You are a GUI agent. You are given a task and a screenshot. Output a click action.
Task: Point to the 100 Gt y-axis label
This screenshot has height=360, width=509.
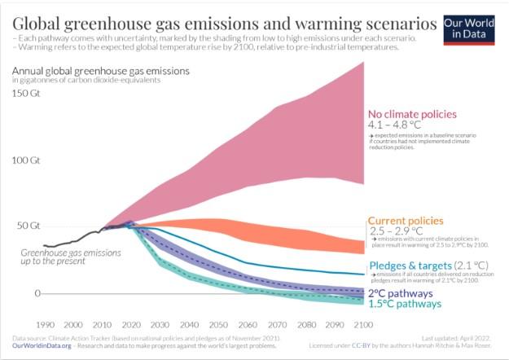click(x=27, y=160)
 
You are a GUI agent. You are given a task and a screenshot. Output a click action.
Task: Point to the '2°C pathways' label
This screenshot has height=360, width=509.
click(x=402, y=293)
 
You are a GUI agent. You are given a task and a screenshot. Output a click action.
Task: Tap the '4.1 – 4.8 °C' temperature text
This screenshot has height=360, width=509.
click(x=397, y=126)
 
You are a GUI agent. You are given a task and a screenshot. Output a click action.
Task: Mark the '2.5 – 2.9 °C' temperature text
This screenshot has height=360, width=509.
click(x=396, y=232)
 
